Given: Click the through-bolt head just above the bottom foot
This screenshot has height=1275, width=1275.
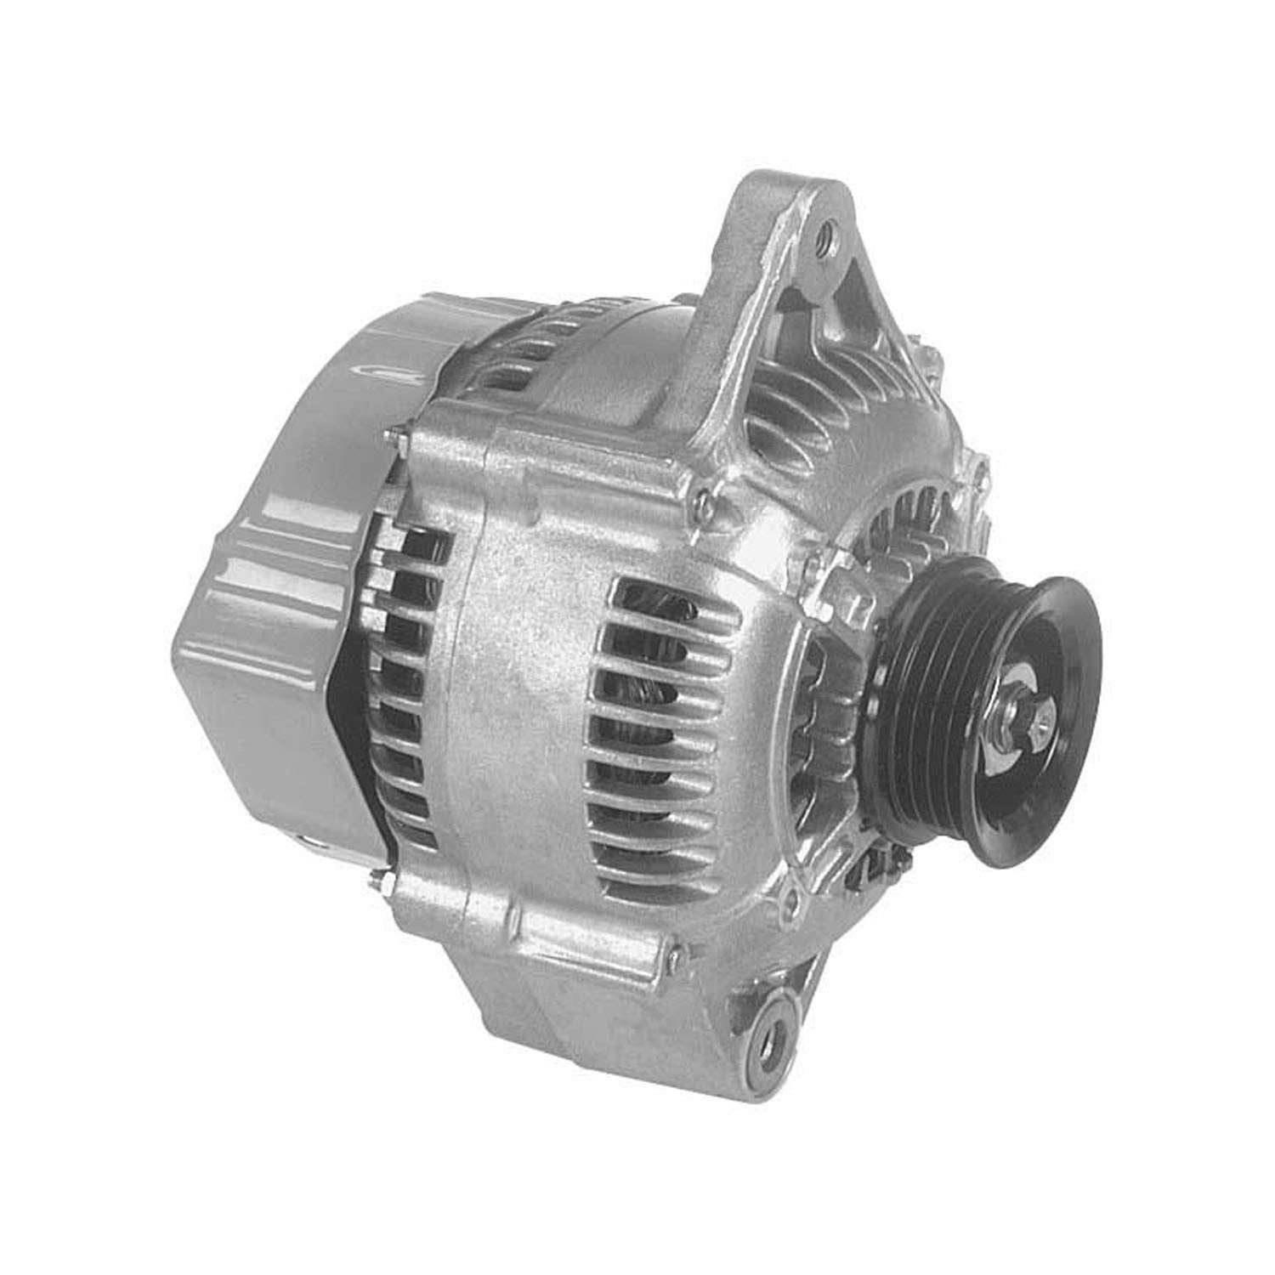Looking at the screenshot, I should point(671,956).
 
